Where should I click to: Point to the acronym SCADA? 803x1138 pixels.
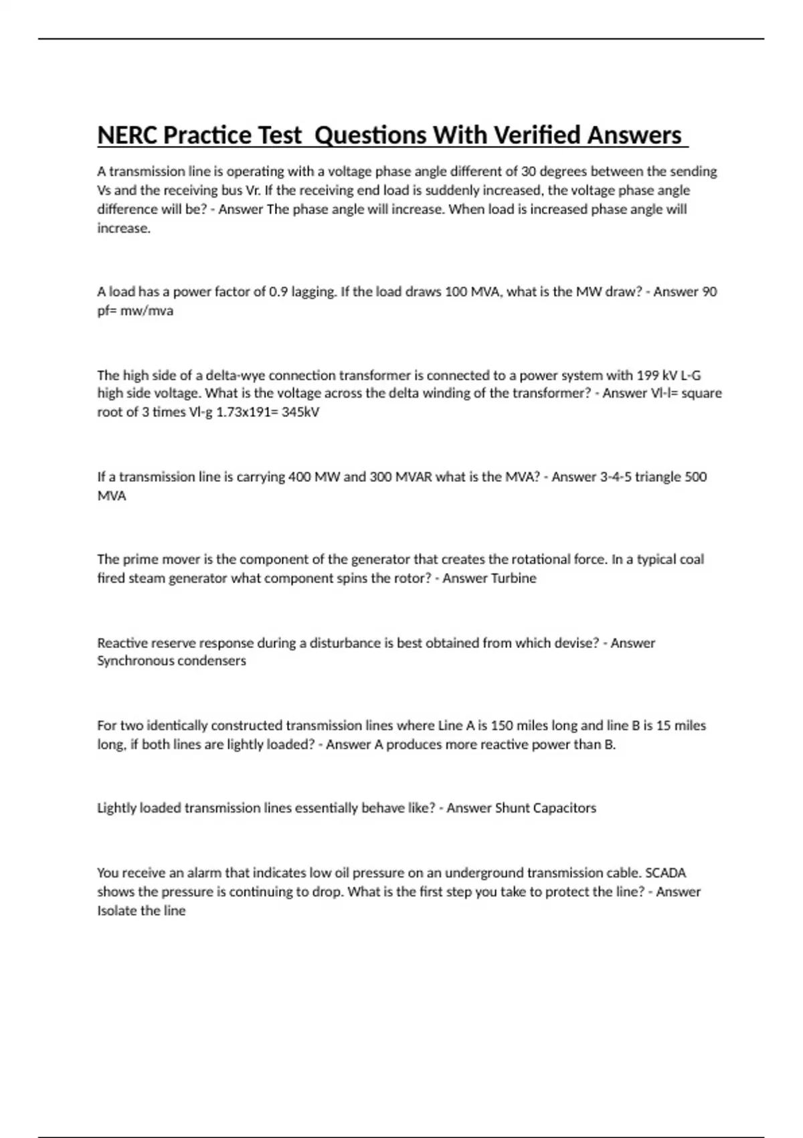665,873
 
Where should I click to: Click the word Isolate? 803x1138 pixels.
118,911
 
